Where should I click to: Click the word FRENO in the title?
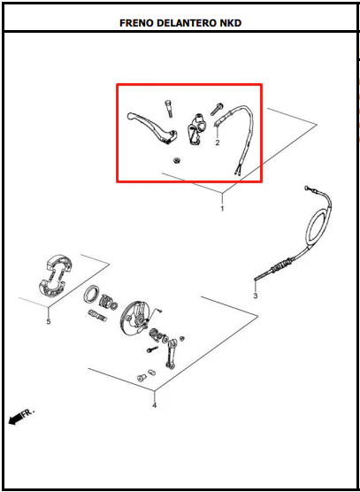pyautogui.click(x=136, y=23)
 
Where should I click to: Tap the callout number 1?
pyautogui.click(x=222, y=209)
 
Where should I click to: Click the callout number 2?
pyautogui.click(x=218, y=142)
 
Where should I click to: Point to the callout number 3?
pyautogui.click(x=256, y=296)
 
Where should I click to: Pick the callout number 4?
pyautogui.click(x=154, y=405)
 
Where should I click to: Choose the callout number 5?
pyautogui.click(x=49, y=321)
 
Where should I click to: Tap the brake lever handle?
pyautogui.click(x=152, y=128)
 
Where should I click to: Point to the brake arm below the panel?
pyautogui.click(x=172, y=354)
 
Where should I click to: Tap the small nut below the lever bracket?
pyautogui.click(x=177, y=161)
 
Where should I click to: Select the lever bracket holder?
pyautogui.click(x=196, y=129)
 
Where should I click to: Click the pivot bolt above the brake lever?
pyautogui.click(x=168, y=109)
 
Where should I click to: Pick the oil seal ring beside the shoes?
pyautogui.click(x=91, y=294)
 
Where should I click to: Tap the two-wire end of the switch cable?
pyautogui.click(x=237, y=171)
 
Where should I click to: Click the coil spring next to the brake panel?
pyautogui.click(x=155, y=334)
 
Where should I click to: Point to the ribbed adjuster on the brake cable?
pyautogui.click(x=282, y=265)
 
